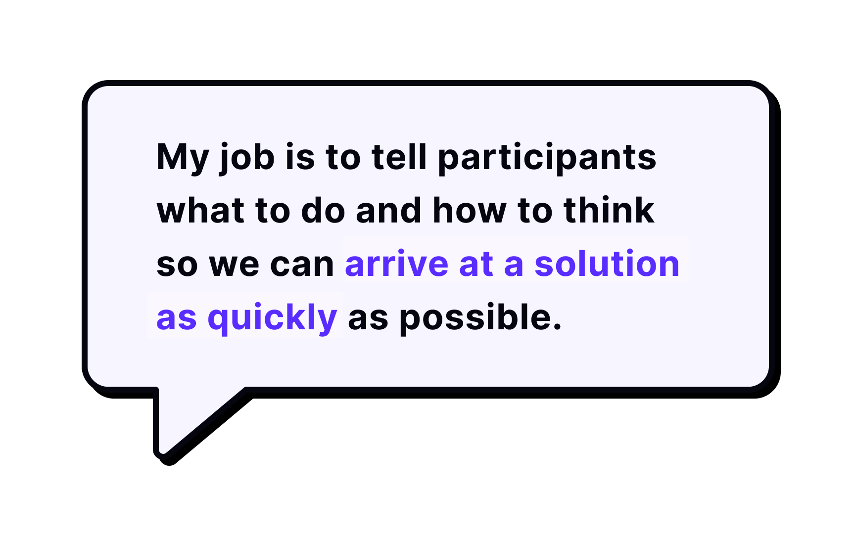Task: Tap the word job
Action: (x=247, y=158)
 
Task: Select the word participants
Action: (x=547, y=158)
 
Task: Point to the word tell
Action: (x=399, y=157)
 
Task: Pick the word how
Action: (x=470, y=211)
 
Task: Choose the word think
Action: (x=609, y=211)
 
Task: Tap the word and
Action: (x=388, y=211)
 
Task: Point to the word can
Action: (x=302, y=266)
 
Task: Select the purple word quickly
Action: (x=273, y=318)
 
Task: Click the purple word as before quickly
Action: (x=177, y=319)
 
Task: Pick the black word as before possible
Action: (x=368, y=319)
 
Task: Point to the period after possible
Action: (x=558, y=327)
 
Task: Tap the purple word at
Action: (x=476, y=265)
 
